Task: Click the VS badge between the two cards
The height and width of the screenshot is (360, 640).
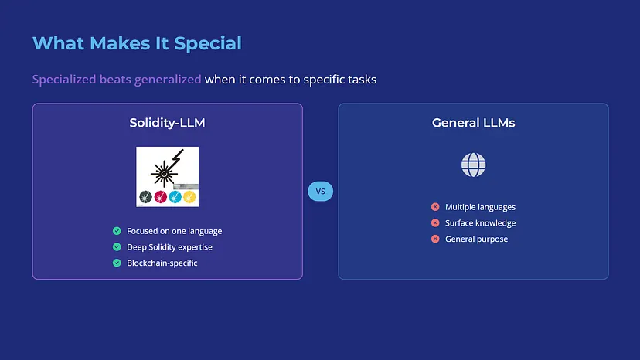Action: coord(321,191)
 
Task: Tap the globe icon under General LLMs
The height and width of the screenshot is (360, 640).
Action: coord(474,165)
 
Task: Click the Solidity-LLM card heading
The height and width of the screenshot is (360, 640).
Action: coord(168,123)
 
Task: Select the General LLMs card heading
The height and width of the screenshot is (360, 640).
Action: coord(474,123)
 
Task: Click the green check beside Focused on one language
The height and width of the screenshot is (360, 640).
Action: coord(117,231)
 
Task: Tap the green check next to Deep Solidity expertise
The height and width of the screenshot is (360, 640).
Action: coord(117,247)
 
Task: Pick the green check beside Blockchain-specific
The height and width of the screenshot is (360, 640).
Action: coord(117,263)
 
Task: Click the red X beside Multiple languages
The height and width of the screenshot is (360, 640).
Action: coord(435,207)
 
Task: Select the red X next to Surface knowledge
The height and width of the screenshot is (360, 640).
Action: coord(435,222)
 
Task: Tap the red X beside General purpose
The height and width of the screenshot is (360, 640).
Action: coord(435,239)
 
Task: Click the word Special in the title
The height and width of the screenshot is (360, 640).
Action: coord(208,43)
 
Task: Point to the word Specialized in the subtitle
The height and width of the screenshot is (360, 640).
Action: coord(64,79)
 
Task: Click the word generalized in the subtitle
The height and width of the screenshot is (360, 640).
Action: coord(168,79)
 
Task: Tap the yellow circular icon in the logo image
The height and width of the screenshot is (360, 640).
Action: coord(189,197)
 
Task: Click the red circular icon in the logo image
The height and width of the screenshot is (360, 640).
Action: coord(161,197)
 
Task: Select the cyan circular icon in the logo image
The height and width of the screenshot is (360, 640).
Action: coord(175,197)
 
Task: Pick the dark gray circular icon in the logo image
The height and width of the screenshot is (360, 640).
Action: coord(146,197)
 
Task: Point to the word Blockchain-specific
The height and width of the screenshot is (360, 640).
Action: coord(162,263)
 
